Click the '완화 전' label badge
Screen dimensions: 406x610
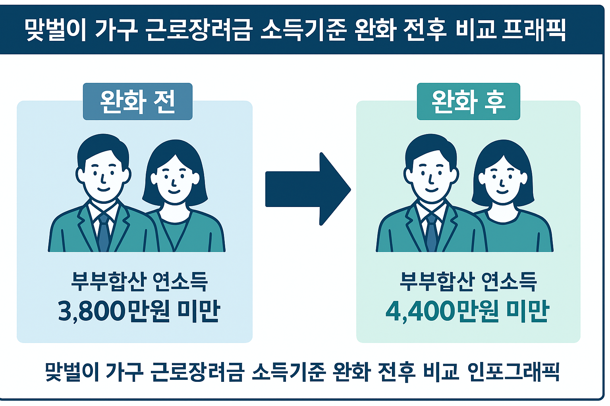[x=137, y=101]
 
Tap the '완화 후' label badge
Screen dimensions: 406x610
[x=468, y=101]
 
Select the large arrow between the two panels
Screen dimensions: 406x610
[x=308, y=189]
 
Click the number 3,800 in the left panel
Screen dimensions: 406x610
[x=92, y=311]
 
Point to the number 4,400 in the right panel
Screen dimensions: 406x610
[x=420, y=311]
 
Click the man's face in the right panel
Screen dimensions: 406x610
[x=431, y=174]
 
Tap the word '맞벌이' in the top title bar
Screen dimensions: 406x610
[x=55, y=30]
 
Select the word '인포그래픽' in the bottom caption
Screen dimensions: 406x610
[x=513, y=372]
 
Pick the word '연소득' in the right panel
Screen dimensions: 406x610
[x=509, y=282]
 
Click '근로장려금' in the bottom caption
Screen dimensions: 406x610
[x=197, y=372]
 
